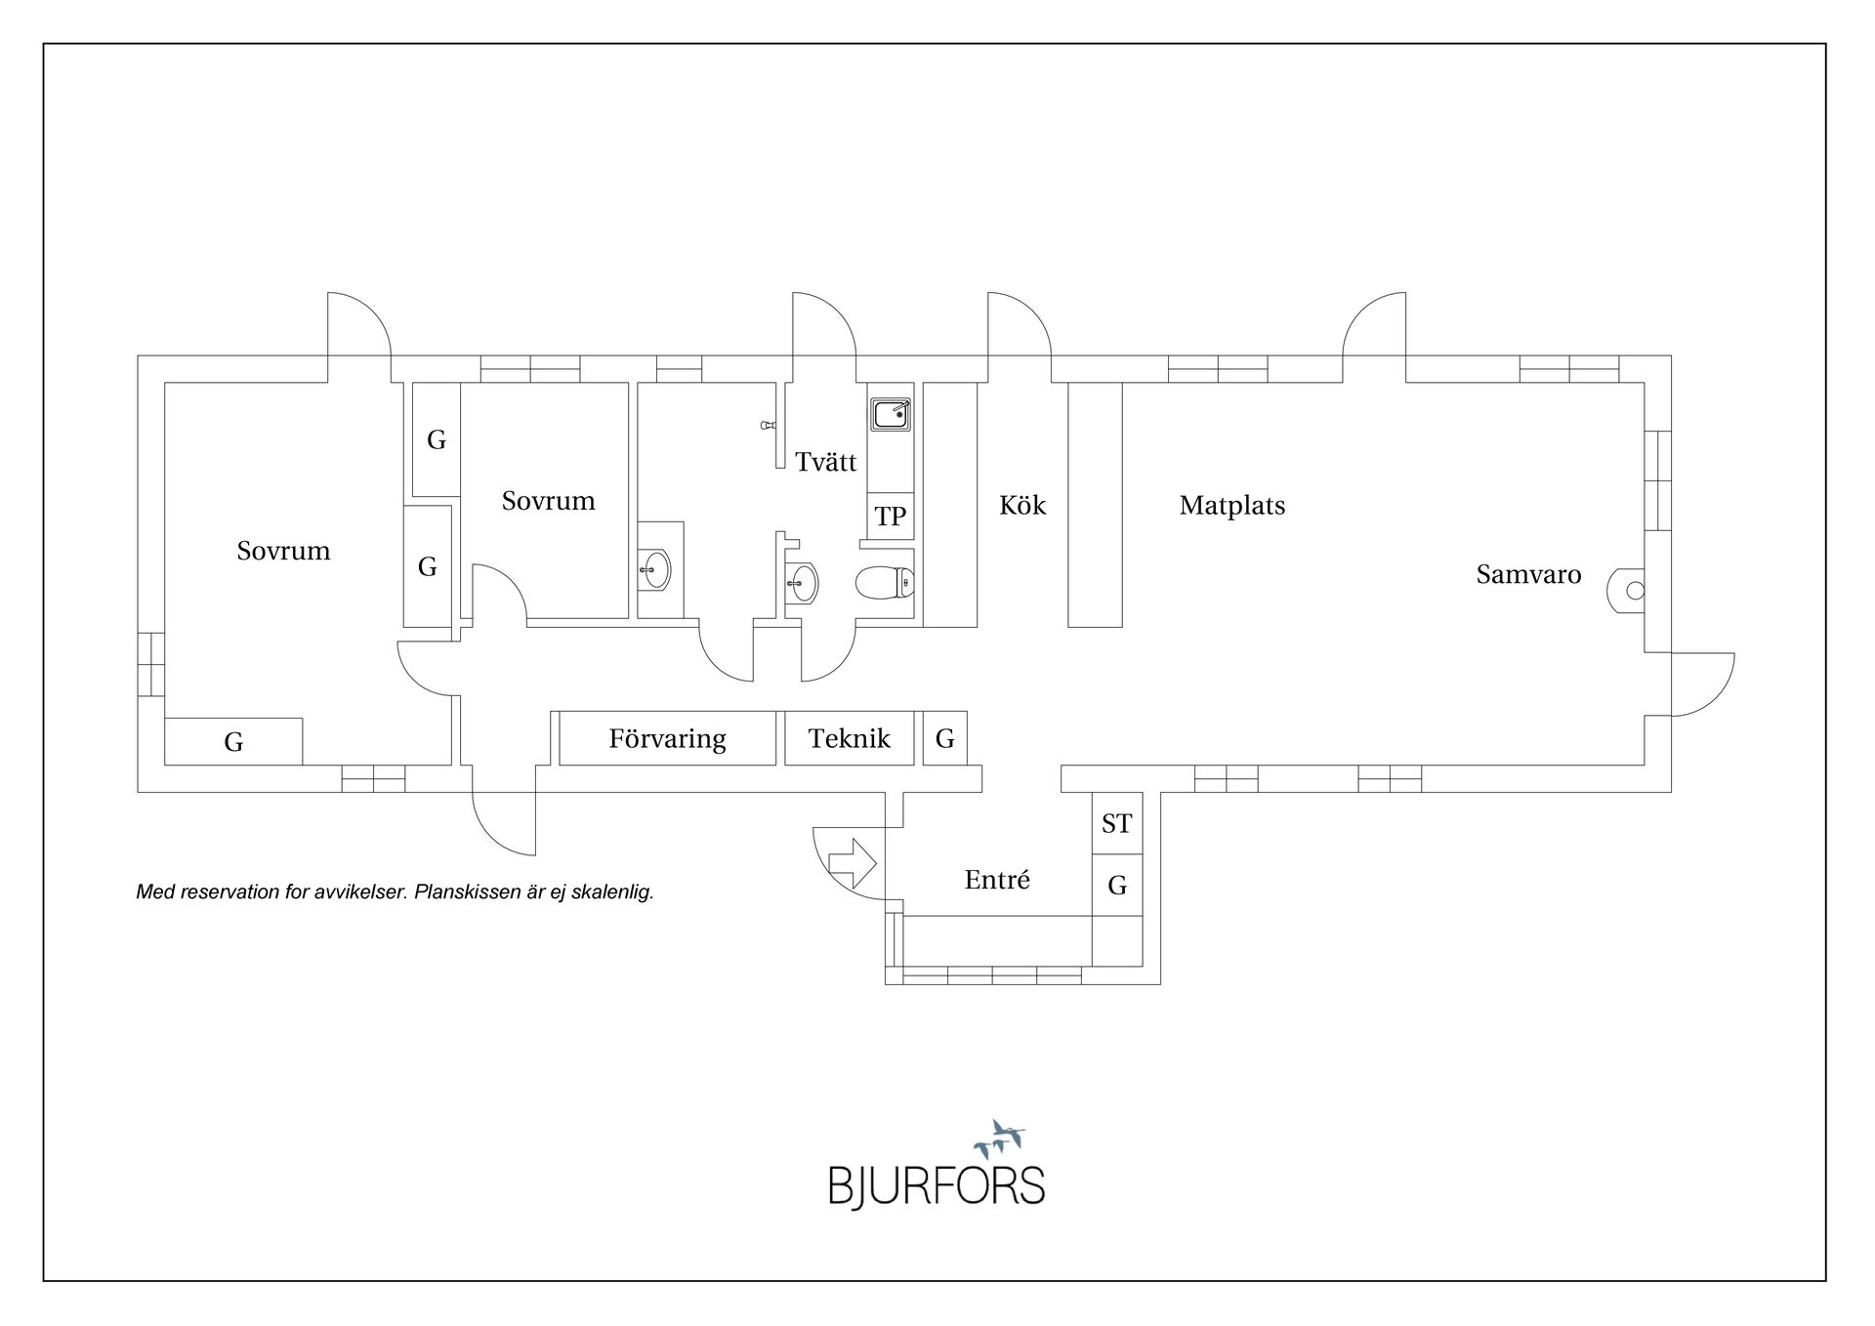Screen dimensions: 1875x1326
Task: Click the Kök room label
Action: click(x=1022, y=505)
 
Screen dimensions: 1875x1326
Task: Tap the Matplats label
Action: click(x=1232, y=505)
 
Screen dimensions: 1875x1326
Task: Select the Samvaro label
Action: click(x=1528, y=574)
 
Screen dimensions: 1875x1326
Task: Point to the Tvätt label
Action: click(x=825, y=462)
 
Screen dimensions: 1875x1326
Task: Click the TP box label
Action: click(x=890, y=516)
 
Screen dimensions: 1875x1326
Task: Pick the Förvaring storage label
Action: click(x=668, y=738)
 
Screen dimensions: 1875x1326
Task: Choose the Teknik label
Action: click(x=850, y=738)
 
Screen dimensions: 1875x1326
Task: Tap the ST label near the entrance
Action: click(x=1116, y=824)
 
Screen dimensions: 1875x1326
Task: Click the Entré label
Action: click(x=997, y=880)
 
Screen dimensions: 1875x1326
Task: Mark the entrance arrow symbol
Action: click(x=853, y=863)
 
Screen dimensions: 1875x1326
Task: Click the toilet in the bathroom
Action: click(x=885, y=584)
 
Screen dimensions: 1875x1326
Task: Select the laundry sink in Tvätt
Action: click(x=891, y=415)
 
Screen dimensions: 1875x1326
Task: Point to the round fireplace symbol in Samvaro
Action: click(x=1629, y=591)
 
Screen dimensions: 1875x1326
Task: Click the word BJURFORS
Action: click(x=937, y=1185)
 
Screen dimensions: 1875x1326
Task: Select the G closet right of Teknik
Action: click(x=944, y=738)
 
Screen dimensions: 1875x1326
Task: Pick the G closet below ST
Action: click(x=1117, y=886)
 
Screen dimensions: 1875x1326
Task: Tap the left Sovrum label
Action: click(x=283, y=551)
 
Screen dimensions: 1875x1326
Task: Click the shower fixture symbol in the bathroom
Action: click(x=768, y=426)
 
